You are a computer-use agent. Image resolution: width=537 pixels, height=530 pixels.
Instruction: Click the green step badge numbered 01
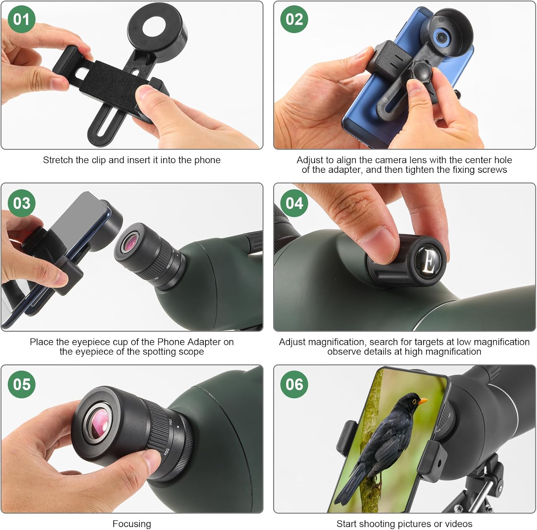click(21, 19)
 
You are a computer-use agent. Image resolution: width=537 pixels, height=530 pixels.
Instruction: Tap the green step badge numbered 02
click(294, 19)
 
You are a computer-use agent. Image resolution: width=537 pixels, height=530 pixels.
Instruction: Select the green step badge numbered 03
click(21, 203)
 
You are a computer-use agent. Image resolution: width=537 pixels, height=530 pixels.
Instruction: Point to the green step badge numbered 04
click(294, 203)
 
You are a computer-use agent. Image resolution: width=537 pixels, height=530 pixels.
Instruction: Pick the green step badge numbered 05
click(21, 384)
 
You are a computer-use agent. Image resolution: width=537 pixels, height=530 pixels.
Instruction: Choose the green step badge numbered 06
click(294, 384)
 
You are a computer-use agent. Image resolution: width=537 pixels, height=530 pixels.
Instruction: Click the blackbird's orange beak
click(422, 401)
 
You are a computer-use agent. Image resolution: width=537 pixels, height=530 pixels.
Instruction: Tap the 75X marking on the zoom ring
click(170, 422)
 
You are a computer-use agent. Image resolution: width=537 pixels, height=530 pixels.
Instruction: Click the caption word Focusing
click(132, 524)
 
